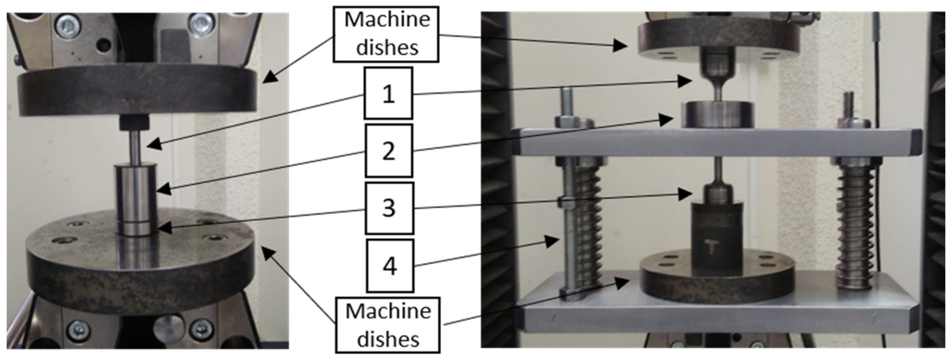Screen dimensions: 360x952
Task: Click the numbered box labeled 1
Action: tap(388, 93)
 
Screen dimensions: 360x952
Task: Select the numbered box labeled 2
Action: tap(388, 151)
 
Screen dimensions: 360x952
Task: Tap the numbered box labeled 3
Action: tap(389, 208)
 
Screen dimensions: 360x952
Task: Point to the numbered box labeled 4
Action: tap(390, 266)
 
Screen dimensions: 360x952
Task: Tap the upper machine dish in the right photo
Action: tap(719, 37)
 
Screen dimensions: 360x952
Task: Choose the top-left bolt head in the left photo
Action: tap(68, 26)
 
